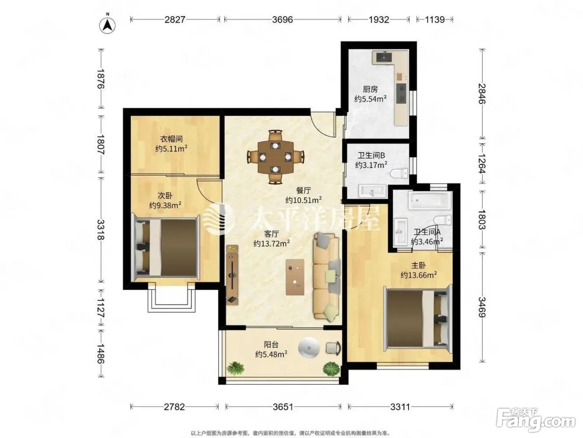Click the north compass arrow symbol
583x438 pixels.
coord(107,25)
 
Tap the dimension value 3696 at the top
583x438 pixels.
coord(283,19)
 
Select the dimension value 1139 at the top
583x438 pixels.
coord(435,19)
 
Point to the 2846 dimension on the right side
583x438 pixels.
coord(482,94)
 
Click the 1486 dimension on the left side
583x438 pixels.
coord(101,354)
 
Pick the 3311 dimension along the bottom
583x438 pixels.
coord(400,407)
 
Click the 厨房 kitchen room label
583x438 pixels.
coord(370,89)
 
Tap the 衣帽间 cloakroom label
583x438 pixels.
coord(171,139)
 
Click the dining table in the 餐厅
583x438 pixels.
coord(276,157)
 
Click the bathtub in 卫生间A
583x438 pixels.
coord(430,201)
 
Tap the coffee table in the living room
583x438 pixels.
coord(295,277)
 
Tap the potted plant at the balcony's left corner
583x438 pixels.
coord(235,368)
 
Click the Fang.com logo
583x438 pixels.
coord(536,421)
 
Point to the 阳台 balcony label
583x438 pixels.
coord(271,345)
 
